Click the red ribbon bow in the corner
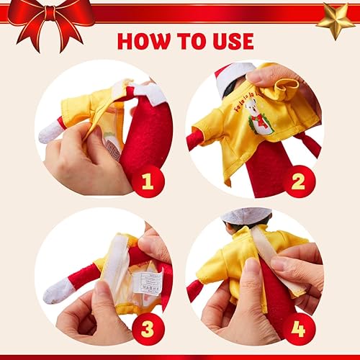(x=50, y=17)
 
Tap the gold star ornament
(x=336, y=20)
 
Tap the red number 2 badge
(x=297, y=181)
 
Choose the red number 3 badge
(x=148, y=328)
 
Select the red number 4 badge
(x=297, y=328)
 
